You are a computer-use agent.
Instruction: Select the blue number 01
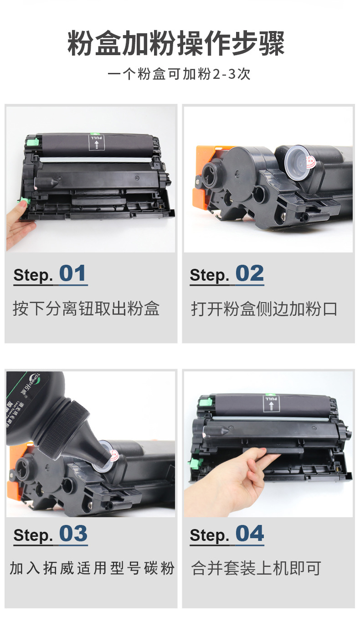[x=73, y=273]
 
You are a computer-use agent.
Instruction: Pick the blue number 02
[x=249, y=273]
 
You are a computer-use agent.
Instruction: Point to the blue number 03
[x=73, y=534]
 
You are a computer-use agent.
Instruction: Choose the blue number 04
[x=249, y=534]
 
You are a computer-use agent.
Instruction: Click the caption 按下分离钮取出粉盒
[x=86, y=308]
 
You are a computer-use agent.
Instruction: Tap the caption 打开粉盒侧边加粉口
[x=264, y=308]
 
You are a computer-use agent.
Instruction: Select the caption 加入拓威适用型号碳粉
[x=92, y=568]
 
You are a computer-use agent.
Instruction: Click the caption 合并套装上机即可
[x=256, y=568]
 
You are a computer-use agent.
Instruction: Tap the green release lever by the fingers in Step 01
[x=22, y=201]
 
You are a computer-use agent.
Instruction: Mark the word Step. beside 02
[x=210, y=275]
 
